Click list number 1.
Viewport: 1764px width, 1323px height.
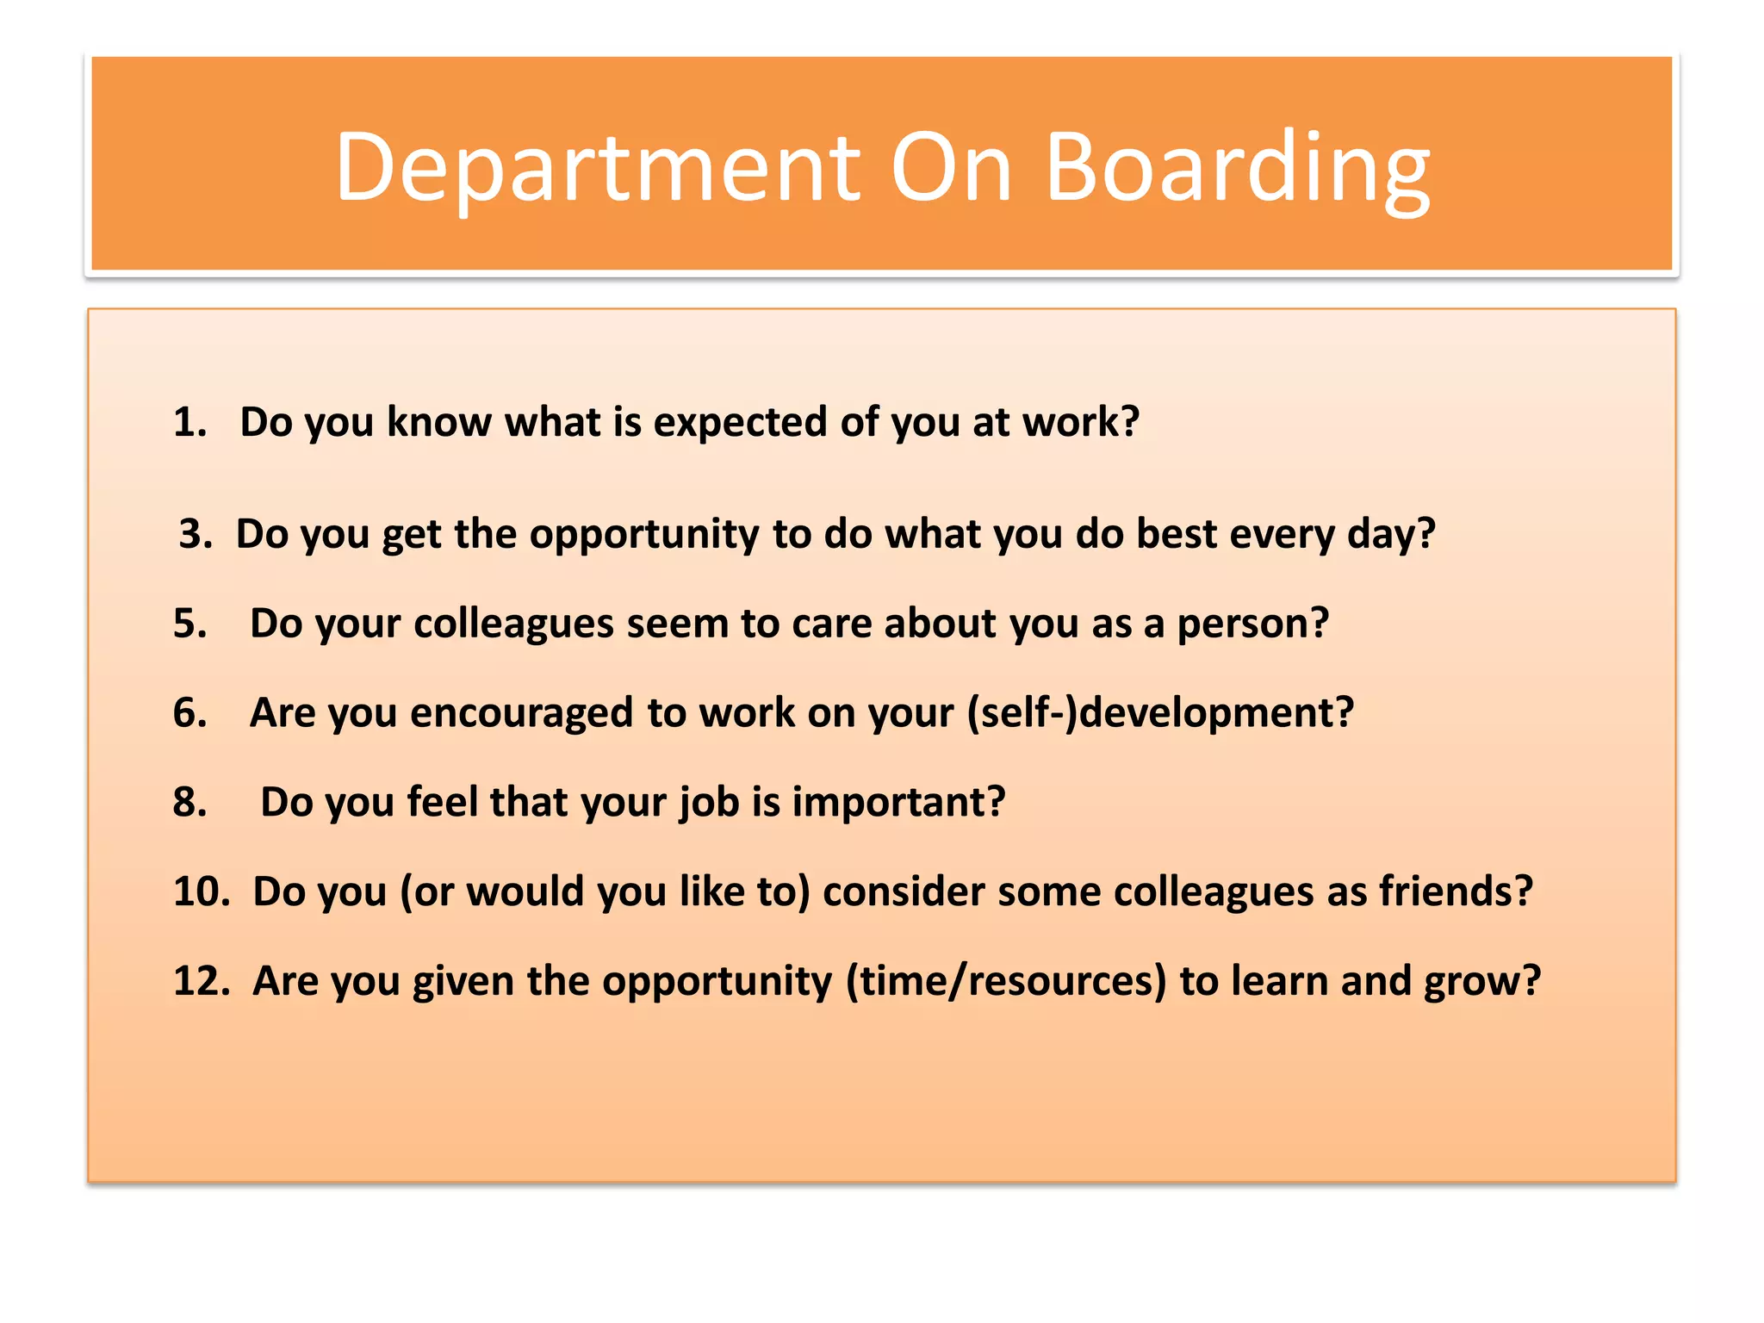tap(189, 423)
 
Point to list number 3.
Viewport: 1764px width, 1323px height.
tap(196, 534)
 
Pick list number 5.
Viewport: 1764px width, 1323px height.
tap(189, 624)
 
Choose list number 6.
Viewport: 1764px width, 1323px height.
tap(189, 713)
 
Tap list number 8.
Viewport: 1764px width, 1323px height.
tap(189, 802)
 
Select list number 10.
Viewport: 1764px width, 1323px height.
tap(201, 891)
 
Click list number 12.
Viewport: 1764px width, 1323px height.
tap(201, 981)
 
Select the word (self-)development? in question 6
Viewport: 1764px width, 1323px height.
tap(1160, 713)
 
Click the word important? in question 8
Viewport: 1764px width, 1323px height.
tap(898, 802)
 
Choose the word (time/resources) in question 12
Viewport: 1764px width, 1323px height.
tap(1005, 981)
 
